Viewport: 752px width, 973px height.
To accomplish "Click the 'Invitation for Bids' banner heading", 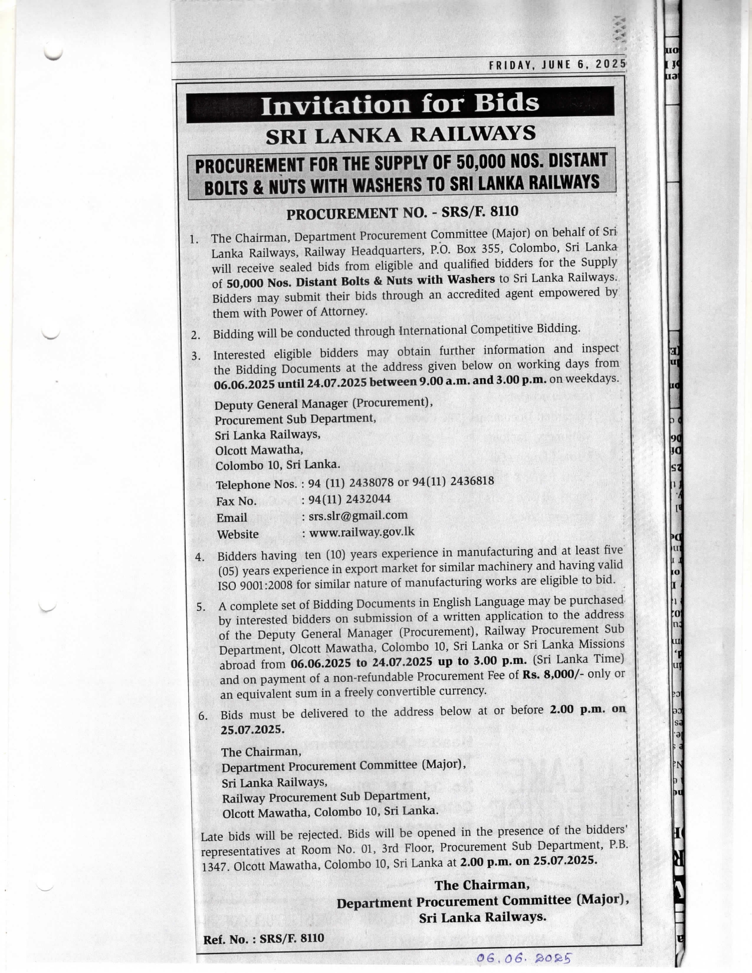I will [400, 104].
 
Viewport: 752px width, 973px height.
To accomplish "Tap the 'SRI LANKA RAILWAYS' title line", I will [400, 134].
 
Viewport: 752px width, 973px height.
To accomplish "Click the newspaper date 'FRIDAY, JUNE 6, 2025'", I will [557, 65].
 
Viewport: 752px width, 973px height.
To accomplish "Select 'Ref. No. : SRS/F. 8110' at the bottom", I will [264, 939].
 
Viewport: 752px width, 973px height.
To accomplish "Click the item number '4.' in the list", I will [201, 557].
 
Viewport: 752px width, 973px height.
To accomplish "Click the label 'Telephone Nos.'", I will [256, 485].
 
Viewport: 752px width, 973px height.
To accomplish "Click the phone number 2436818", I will [472, 481].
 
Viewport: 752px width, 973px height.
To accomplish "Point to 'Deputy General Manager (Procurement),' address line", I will [324, 404].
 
